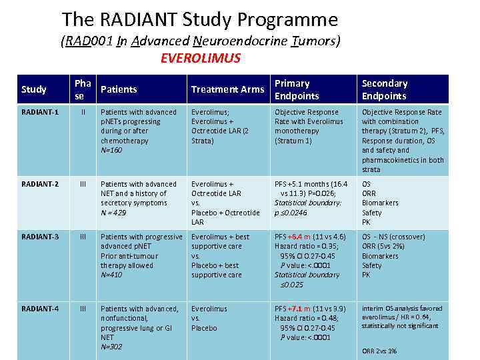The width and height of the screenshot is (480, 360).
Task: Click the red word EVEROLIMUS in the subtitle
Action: click(201, 58)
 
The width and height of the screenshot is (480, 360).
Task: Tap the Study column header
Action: click(34, 89)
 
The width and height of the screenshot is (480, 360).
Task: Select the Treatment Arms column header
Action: click(227, 89)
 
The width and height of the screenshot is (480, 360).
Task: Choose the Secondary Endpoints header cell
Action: click(384, 89)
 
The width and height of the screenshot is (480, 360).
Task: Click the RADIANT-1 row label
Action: click(39, 112)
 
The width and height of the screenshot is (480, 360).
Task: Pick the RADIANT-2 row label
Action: click(39, 184)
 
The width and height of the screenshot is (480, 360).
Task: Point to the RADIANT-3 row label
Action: click(39, 237)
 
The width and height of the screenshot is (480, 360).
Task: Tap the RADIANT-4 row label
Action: click(39, 309)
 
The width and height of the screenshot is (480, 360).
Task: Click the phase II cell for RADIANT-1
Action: click(83, 112)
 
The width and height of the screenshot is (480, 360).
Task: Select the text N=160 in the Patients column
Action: click(112, 151)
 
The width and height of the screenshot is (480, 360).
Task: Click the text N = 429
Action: click(113, 213)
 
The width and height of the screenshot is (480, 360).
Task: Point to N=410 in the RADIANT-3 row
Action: click(112, 275)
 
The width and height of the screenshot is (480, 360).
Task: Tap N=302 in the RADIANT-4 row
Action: click(112, 347)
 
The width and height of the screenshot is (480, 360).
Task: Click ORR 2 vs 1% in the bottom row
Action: click(379, 351)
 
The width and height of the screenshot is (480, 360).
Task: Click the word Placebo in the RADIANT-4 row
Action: click(204, 328)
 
